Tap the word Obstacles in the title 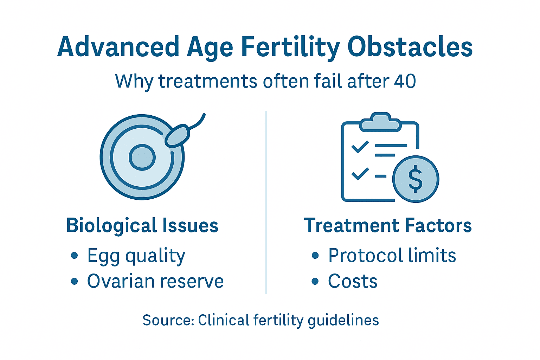point(410,47)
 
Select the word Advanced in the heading point(118,47)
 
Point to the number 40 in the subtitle point(405,81)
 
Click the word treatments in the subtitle point(208,81)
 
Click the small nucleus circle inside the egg point(142,157)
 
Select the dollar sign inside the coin point(415,179)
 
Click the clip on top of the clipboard point(380,122)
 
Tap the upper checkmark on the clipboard point(360,147)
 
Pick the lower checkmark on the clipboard point(360,174)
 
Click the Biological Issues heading point(142,225)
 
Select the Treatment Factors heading point(388,225)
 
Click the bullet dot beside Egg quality point(74,256)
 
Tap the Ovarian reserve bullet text point(155,281)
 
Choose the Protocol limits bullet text point(392,255)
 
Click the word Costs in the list point(353,281)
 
